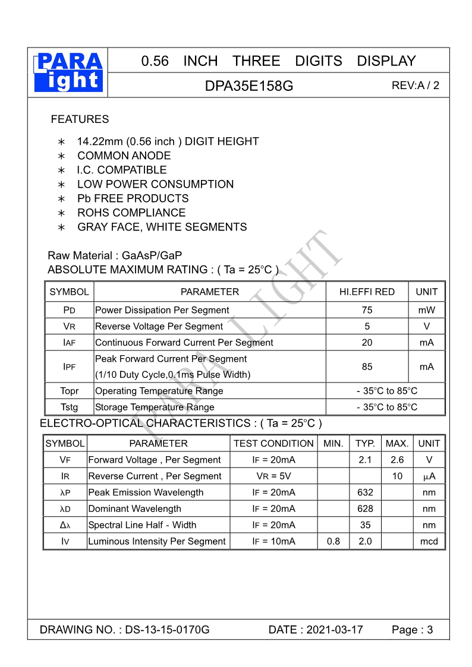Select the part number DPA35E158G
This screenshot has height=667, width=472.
coord(249,86)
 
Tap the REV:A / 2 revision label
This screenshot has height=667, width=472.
coord(416,85)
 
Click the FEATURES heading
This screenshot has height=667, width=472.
coord(80,119)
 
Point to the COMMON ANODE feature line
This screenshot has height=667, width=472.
coord(124,156)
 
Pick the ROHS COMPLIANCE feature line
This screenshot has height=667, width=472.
coord(131,213)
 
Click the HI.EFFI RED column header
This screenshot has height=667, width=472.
coord(367,292)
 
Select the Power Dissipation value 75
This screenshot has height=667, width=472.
coord(367,310)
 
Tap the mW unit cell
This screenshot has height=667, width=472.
coord(426,310)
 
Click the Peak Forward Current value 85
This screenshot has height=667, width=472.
coord(367,367)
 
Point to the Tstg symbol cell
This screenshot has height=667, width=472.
coord(69,407)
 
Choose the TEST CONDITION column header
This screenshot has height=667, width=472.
coord(273,444)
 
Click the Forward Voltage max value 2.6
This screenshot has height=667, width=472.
coord(397,460)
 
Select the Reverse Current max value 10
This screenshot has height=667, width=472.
coord(397,476)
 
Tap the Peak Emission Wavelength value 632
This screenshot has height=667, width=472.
coord(365,492)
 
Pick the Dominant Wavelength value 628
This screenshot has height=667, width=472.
coord(365,509)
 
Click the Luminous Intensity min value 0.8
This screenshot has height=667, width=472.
coord(333,542)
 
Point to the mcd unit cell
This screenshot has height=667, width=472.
coord(429,542)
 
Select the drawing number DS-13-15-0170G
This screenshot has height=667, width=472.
coord(167,630)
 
